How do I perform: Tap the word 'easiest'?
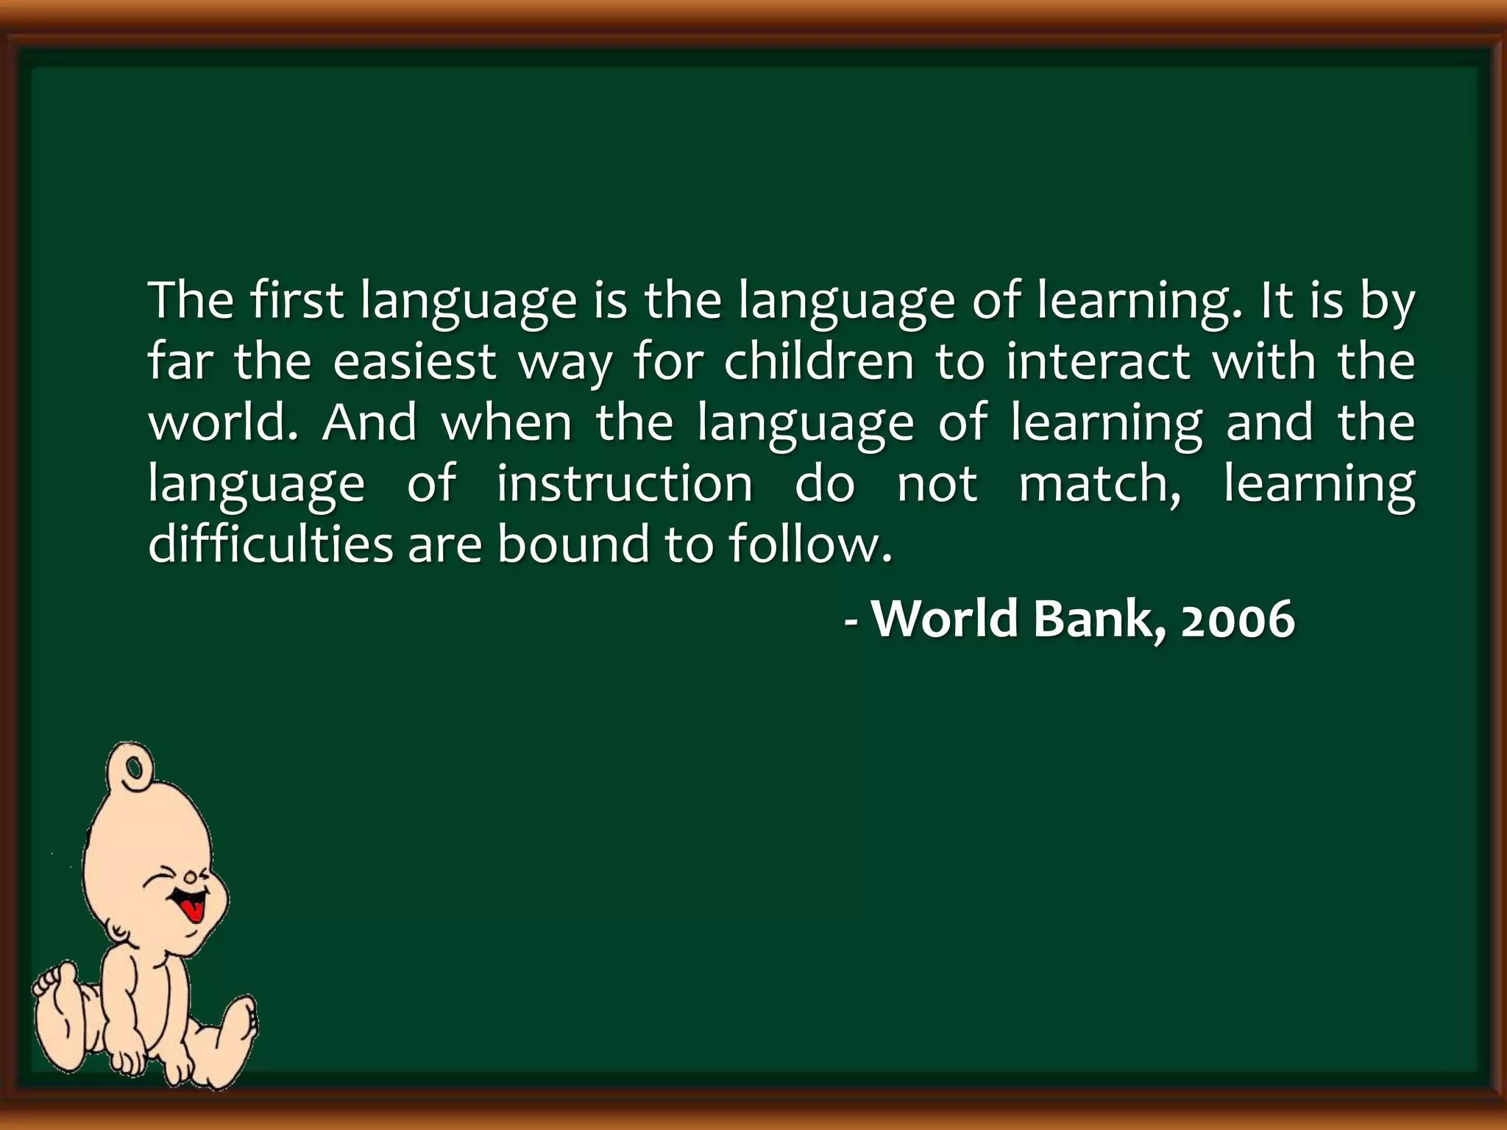point(415,362)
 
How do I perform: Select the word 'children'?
point(818,361)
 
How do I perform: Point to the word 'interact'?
point(1098,361)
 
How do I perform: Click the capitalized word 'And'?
point(369,422)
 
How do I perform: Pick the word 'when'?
point(507,422)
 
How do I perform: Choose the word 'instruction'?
point(625,483)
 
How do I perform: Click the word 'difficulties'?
point(271,544)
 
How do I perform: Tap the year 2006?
point(1238,619)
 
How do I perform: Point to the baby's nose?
point(191,876)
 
